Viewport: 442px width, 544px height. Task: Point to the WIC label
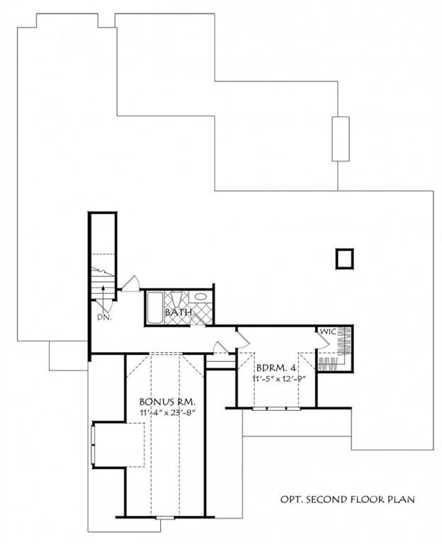327,331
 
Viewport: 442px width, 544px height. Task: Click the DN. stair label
104,317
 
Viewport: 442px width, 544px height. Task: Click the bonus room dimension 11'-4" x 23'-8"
167,413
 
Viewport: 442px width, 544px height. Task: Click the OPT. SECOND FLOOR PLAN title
346,500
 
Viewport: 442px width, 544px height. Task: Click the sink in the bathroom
200,297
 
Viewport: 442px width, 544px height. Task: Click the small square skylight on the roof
344,259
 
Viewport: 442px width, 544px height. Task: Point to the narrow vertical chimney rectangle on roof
341,139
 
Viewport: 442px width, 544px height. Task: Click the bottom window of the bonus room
164,518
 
